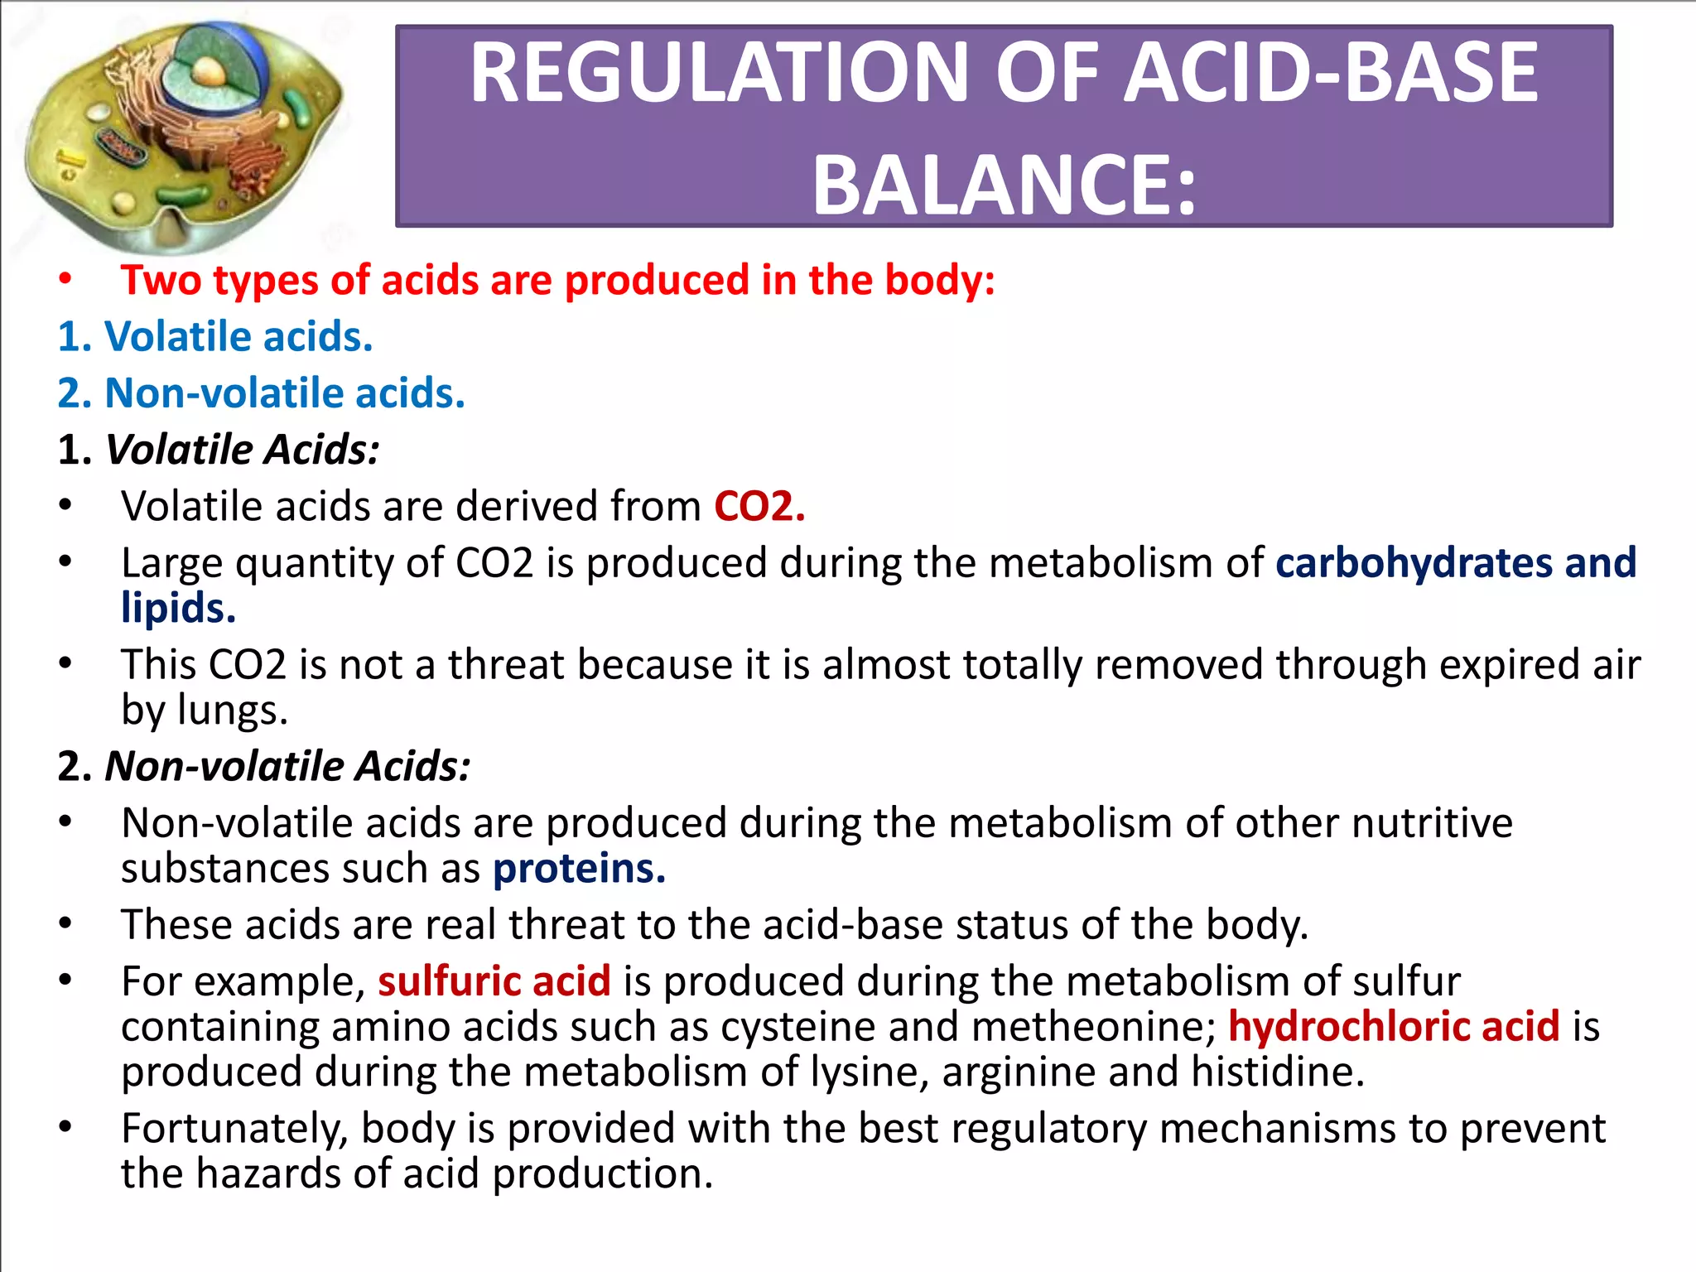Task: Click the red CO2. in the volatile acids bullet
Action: click(759, 506)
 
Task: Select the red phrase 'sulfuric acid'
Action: click(494, 981)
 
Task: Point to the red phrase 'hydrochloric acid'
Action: click(1394, 1027)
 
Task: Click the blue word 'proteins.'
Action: click(579, 869)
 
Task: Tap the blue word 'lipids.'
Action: click(178, 609)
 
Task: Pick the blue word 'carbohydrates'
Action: click(1412, 563)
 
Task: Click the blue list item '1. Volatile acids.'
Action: click(215, 337)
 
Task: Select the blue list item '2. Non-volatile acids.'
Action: click(261, 393)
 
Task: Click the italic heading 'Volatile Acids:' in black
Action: click(242, 450)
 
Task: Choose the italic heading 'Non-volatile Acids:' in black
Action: click(287, 767)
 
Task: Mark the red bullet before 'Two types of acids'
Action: click(65, 280)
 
